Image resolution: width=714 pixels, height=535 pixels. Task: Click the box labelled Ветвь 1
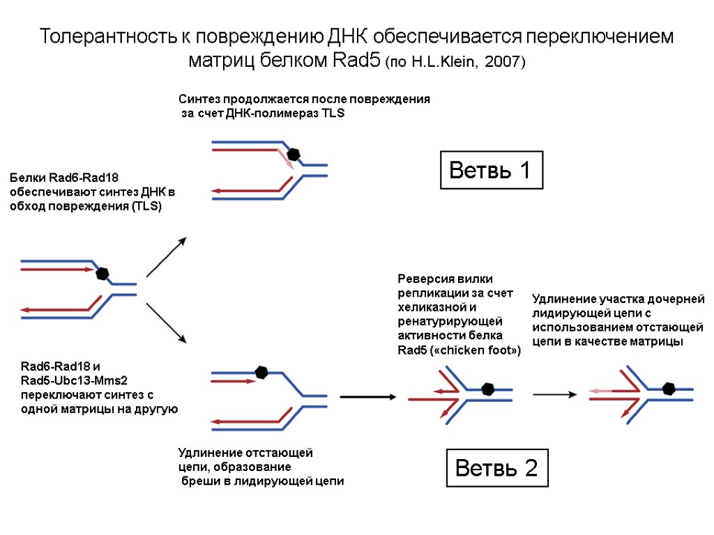pyautogui.click(x=491, y=170)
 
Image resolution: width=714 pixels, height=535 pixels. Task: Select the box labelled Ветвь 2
pyautogui.click(x=496, y=468)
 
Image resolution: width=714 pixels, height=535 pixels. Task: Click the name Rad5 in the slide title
pyautogui.click(x=357, y=61)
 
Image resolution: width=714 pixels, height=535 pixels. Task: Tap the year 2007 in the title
pyautogui.click(x=501, y=62)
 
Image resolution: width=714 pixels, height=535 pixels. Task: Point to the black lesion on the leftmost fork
pyautogui.click(x=102, y=272)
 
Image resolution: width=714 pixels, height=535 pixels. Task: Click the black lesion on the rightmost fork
pyautogui.click(x=669, y=389)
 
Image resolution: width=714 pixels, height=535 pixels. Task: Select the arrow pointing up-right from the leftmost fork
pyautogui.click(x=166, y=257)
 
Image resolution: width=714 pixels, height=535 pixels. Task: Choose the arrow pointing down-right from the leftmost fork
pyautogui.click(x=166, y=323)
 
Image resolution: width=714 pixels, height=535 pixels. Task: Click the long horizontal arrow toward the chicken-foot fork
pyautogui.click(x=368, y=397)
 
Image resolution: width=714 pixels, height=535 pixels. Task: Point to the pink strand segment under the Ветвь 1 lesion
pyautogui.click(x=285, y=159)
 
